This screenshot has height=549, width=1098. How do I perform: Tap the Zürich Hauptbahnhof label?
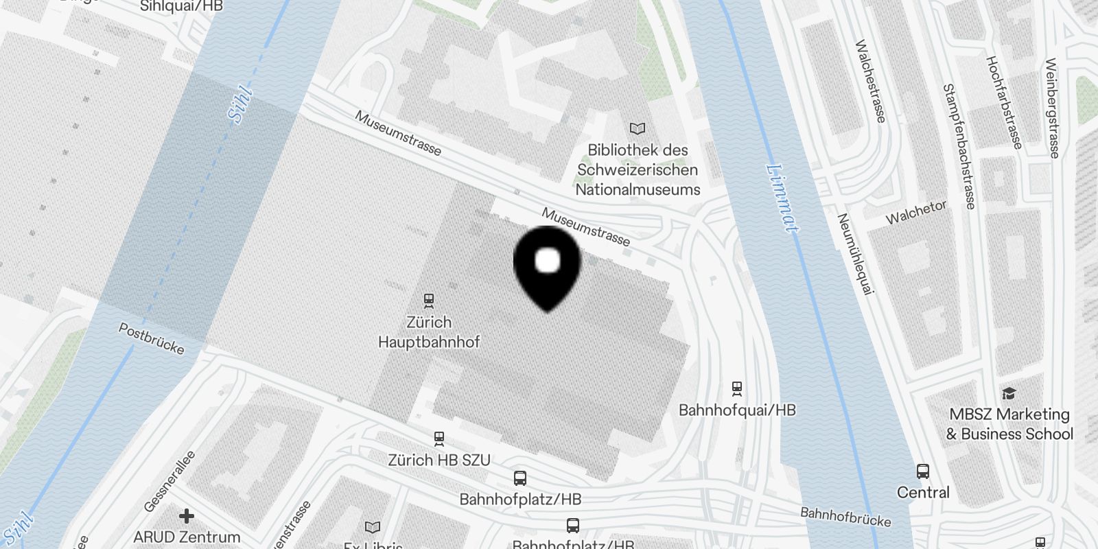tap(429, 332)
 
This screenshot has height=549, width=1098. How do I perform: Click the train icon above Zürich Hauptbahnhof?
tap(429, 301)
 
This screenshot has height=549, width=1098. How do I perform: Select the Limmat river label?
tap(782, 198)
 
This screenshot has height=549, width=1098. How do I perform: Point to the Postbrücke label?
tap(152, 339)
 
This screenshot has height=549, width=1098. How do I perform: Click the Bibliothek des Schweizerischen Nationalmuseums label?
tap(638, 170)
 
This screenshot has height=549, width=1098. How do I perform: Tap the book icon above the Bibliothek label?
tap(638, 128)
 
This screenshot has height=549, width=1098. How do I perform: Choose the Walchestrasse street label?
tap(869, 81)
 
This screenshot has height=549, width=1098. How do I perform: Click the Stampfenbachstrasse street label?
tap(959, 146)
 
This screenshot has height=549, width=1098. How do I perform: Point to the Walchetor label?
tap(916, 212)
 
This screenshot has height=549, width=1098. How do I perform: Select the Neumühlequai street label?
tap(855, 254)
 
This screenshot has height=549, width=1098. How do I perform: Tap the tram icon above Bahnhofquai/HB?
tap(737, 388)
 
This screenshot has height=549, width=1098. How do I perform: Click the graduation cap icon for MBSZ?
tap(1009, 394)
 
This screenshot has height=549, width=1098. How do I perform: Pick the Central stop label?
tap(923, 493)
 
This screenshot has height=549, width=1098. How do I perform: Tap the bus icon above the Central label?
tap(923, 471)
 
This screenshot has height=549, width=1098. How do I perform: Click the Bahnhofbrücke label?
tap(845, 517)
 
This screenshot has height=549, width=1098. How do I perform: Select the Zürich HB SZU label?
tap(439, 460)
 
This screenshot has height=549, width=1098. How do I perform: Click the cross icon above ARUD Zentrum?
tap(187, 515)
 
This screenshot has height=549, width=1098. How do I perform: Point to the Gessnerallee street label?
tap(170, 482)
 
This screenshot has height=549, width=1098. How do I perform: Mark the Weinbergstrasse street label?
tap(1053, 108)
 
